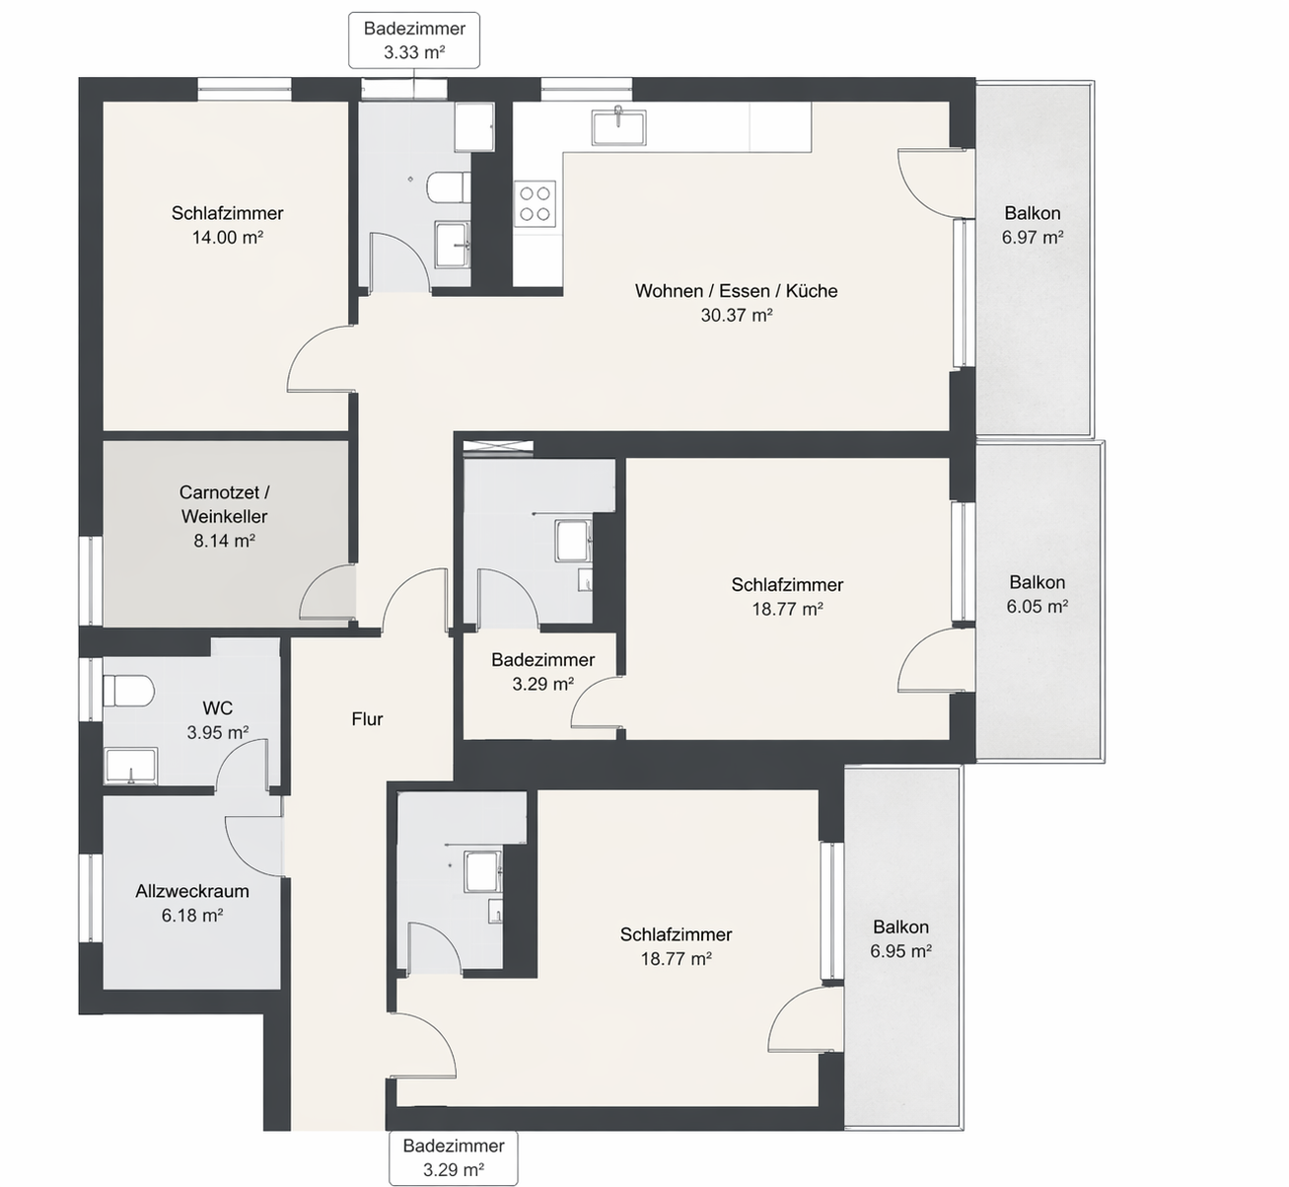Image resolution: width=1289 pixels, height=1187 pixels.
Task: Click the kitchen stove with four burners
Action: [x=535, y=204]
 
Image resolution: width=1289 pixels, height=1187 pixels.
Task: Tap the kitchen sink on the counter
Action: [x=618, y=126]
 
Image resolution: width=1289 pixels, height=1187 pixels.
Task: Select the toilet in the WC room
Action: [x=128, y=690]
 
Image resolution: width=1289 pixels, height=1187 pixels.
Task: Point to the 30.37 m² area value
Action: [x=736, y=316]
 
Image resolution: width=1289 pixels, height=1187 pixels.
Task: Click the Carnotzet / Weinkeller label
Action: [x=224, y=503]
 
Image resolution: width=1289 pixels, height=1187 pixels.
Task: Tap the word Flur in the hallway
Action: [x=367, y=719]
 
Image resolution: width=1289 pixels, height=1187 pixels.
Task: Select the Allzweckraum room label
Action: [x=192, y=891]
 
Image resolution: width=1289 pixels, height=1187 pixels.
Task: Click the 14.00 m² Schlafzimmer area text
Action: [x=227, y=237]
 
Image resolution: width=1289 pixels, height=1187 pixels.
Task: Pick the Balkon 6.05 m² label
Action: [x=1037, y=594]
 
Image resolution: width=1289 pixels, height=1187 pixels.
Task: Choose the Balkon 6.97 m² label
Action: [x=1032, y=225]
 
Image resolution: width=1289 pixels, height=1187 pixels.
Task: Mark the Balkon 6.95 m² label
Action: [x=900, y=938]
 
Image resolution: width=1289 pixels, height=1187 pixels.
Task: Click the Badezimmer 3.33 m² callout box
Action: [x=414, y=40]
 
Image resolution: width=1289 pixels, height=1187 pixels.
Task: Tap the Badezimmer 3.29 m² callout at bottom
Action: [x=454, y=1158]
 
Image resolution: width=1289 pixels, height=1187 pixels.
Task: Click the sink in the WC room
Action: [x=130, y=766]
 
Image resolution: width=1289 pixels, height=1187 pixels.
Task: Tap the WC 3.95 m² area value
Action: [x=217, y=732]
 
